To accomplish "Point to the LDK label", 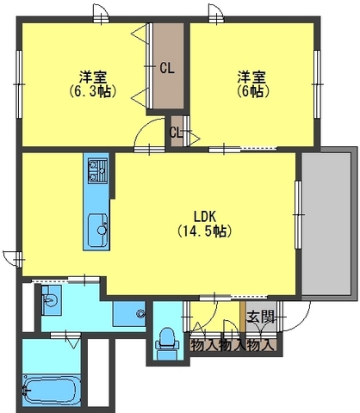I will click(204, 216).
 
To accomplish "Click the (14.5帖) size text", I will click(204, 231).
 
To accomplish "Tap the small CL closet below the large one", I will click(177, 132).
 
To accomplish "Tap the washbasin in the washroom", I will click(50, 301).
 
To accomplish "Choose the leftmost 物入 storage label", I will click(204, 345).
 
